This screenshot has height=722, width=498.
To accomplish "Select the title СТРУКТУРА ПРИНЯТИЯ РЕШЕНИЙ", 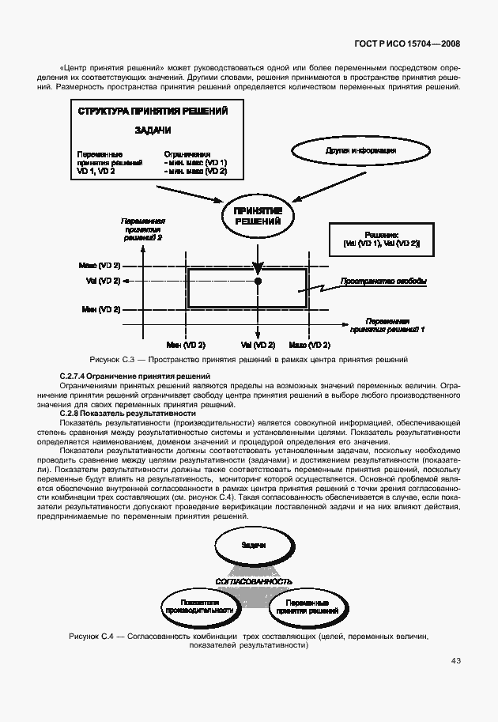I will click(153, 112).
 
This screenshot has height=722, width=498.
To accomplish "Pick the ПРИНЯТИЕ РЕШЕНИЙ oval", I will click(258, 215).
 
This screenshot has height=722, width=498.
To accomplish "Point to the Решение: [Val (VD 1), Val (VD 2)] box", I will click(381, 240).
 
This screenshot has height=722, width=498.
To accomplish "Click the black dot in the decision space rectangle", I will click(258, 281).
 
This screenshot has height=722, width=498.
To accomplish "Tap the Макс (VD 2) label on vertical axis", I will click(100, 264).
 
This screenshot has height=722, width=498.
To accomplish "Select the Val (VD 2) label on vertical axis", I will click(103, 281).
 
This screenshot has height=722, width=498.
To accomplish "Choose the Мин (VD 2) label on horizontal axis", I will click(186, 345).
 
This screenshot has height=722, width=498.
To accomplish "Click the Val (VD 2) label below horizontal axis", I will click(258, 345).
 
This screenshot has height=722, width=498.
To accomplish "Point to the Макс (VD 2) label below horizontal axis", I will click(309, 345).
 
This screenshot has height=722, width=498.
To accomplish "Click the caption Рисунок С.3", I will click(249, 360).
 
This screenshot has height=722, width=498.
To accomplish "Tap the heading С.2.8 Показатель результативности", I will click(127, 414).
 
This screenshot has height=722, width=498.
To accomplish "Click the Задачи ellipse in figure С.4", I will click(253, 546).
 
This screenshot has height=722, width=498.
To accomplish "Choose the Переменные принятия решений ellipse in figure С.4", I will click(308, 606).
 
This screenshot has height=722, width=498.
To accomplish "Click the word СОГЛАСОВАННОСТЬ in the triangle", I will click(254, 581).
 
